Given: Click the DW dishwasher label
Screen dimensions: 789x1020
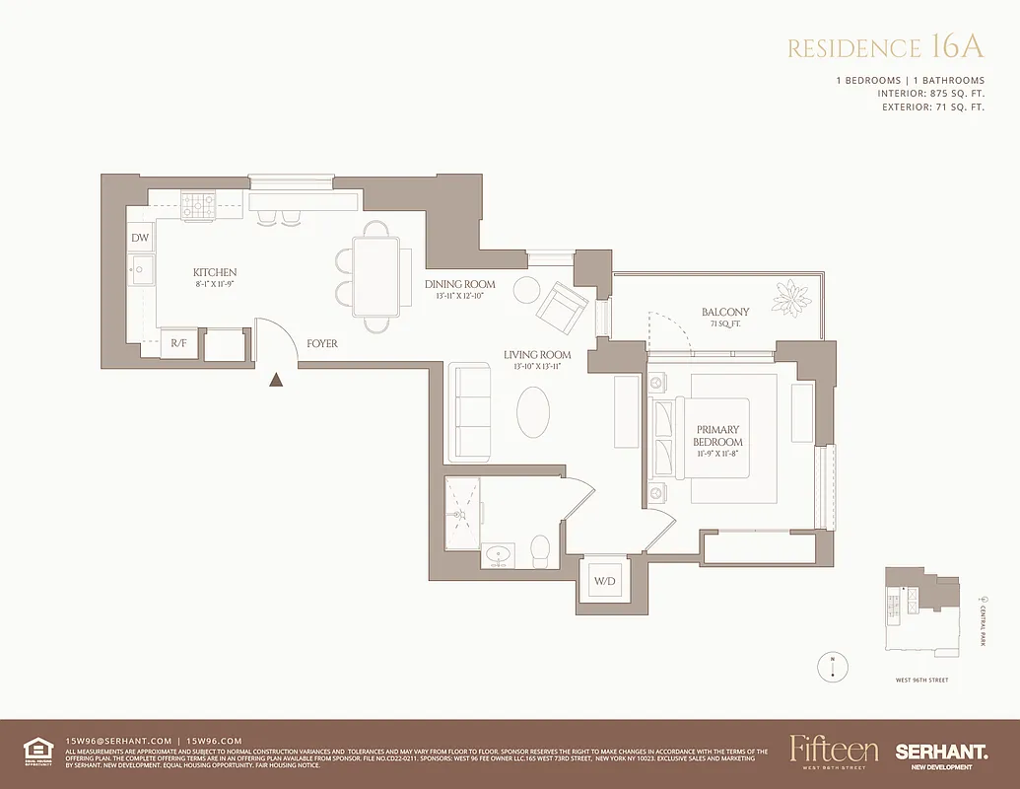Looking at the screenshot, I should point(140,239).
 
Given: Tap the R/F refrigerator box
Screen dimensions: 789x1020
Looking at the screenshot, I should point(179,343).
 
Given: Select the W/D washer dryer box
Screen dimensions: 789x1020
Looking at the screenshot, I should point(604,581).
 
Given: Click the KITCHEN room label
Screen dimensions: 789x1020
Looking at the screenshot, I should point(215,272).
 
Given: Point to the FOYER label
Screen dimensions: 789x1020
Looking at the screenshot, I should point(321,344).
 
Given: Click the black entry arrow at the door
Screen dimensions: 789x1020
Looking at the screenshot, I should point(278,379).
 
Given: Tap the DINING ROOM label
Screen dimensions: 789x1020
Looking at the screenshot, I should point(460,285).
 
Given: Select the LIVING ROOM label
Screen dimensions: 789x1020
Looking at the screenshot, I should point(537,355).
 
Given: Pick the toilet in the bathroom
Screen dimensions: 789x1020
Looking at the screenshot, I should point(539,549).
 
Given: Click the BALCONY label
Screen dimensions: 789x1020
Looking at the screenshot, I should point(725,312).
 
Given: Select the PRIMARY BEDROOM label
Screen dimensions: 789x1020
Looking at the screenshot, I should point(718,436).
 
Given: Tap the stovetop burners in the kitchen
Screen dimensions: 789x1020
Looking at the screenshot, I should point(198,204).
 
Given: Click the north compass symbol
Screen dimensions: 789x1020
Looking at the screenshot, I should point(834,666).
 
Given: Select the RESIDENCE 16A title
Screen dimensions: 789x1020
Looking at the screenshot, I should point(886,48).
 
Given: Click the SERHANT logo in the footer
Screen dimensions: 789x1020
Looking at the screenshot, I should point(941,752).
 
